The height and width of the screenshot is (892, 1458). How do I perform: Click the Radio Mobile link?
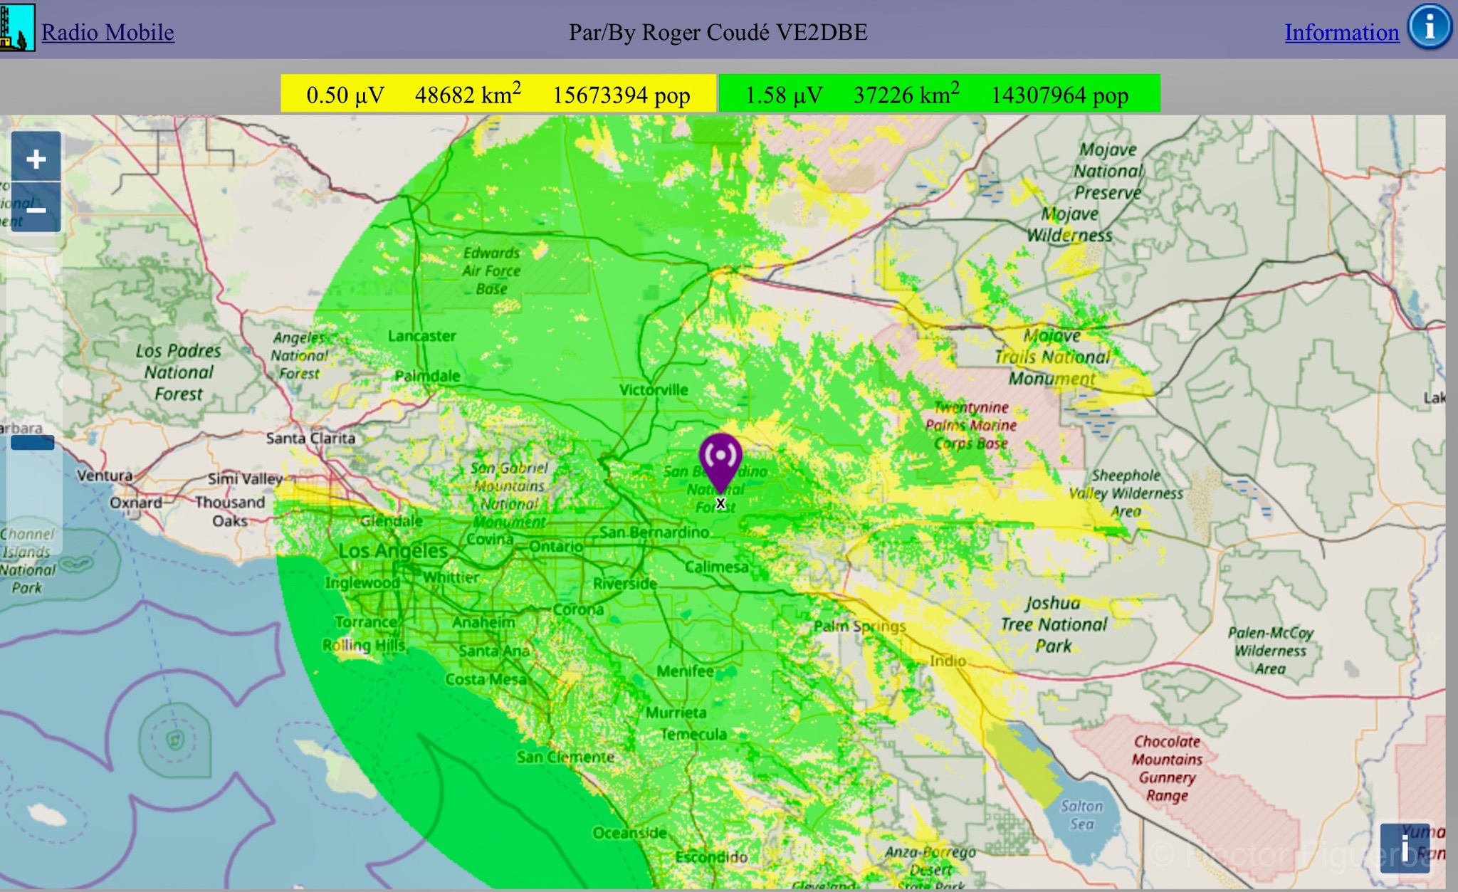[x=107, y=33]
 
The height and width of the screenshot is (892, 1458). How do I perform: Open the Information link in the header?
[x=1341, y=33]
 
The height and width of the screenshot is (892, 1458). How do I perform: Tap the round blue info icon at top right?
[x=1430, y=28]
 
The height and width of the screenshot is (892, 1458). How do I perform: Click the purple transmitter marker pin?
[x=720, y=459]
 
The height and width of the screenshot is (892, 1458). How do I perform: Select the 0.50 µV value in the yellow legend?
[x=345, y=95]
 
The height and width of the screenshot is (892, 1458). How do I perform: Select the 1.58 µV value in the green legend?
[x=784, y=95]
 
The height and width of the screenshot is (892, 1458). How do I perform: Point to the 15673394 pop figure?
[x=621, y=95]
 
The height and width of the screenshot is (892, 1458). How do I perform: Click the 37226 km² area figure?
[x=906, y=94]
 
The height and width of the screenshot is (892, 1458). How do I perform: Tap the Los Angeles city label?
[x=393, y=550]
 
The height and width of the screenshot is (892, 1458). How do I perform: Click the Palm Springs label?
[x=860, y=626]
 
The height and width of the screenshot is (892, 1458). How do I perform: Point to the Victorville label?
[x=654, y=389]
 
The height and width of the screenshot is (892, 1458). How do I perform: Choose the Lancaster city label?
[x=422, y=336]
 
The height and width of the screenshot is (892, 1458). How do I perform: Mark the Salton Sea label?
[x=1081, y=815]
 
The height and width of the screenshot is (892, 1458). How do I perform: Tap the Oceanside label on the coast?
[x=629, y=832]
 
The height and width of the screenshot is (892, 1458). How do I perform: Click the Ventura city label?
[x=105, y=476]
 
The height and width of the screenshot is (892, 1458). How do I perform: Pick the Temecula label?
[x=693, y=734]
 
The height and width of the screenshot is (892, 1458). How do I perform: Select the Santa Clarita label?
[x=310, y=438]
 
